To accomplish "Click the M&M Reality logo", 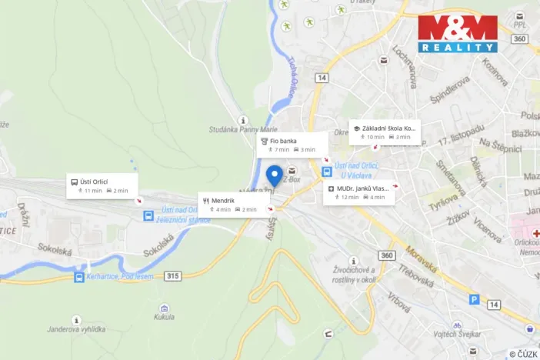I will coord(458,33).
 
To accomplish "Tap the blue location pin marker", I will coord(273,176).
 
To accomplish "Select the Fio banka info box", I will coord(292,145).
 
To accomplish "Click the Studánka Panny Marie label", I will coord(243,130).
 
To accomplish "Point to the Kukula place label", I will coord(163,316).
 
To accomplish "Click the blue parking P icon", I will coord(474,300).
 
